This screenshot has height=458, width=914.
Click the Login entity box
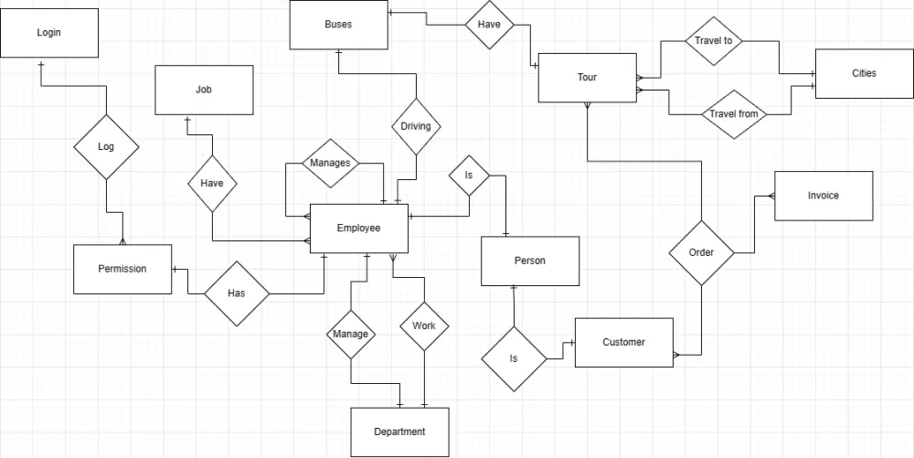click(49, 33)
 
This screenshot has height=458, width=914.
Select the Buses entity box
click(338, 25)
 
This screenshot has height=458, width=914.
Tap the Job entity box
click(204, 90)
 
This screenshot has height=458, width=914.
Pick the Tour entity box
click(587, 78)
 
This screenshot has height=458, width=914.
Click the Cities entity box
click(864, 73)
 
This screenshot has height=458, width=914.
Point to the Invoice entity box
click(824, 196)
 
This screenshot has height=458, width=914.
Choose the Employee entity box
click(358, 228)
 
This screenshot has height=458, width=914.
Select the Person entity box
click(530, 261)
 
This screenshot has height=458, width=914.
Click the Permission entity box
click(122, 269)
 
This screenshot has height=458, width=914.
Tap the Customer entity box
click(623, 342)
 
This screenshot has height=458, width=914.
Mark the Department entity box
click(399, 431)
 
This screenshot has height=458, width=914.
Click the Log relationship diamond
click(106, 146)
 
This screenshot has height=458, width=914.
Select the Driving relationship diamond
click(416, 126)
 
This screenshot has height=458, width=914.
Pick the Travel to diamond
click(714, 41)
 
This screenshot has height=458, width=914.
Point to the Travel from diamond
click(734, 114)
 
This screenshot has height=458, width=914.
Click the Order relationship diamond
click(701, 252)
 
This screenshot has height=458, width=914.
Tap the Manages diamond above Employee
click(330, 164)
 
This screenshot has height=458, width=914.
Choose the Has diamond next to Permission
click(236, 293)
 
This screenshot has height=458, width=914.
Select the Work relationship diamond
click(424, 325)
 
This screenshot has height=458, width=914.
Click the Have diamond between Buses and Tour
click(489, 25)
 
